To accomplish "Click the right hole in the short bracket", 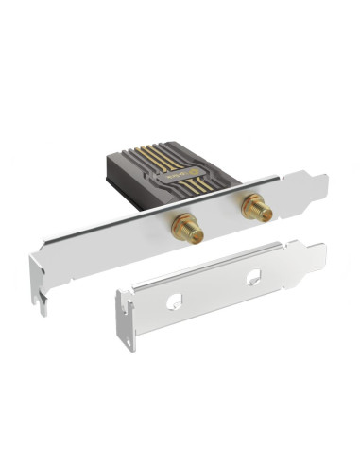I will (254, 277).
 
